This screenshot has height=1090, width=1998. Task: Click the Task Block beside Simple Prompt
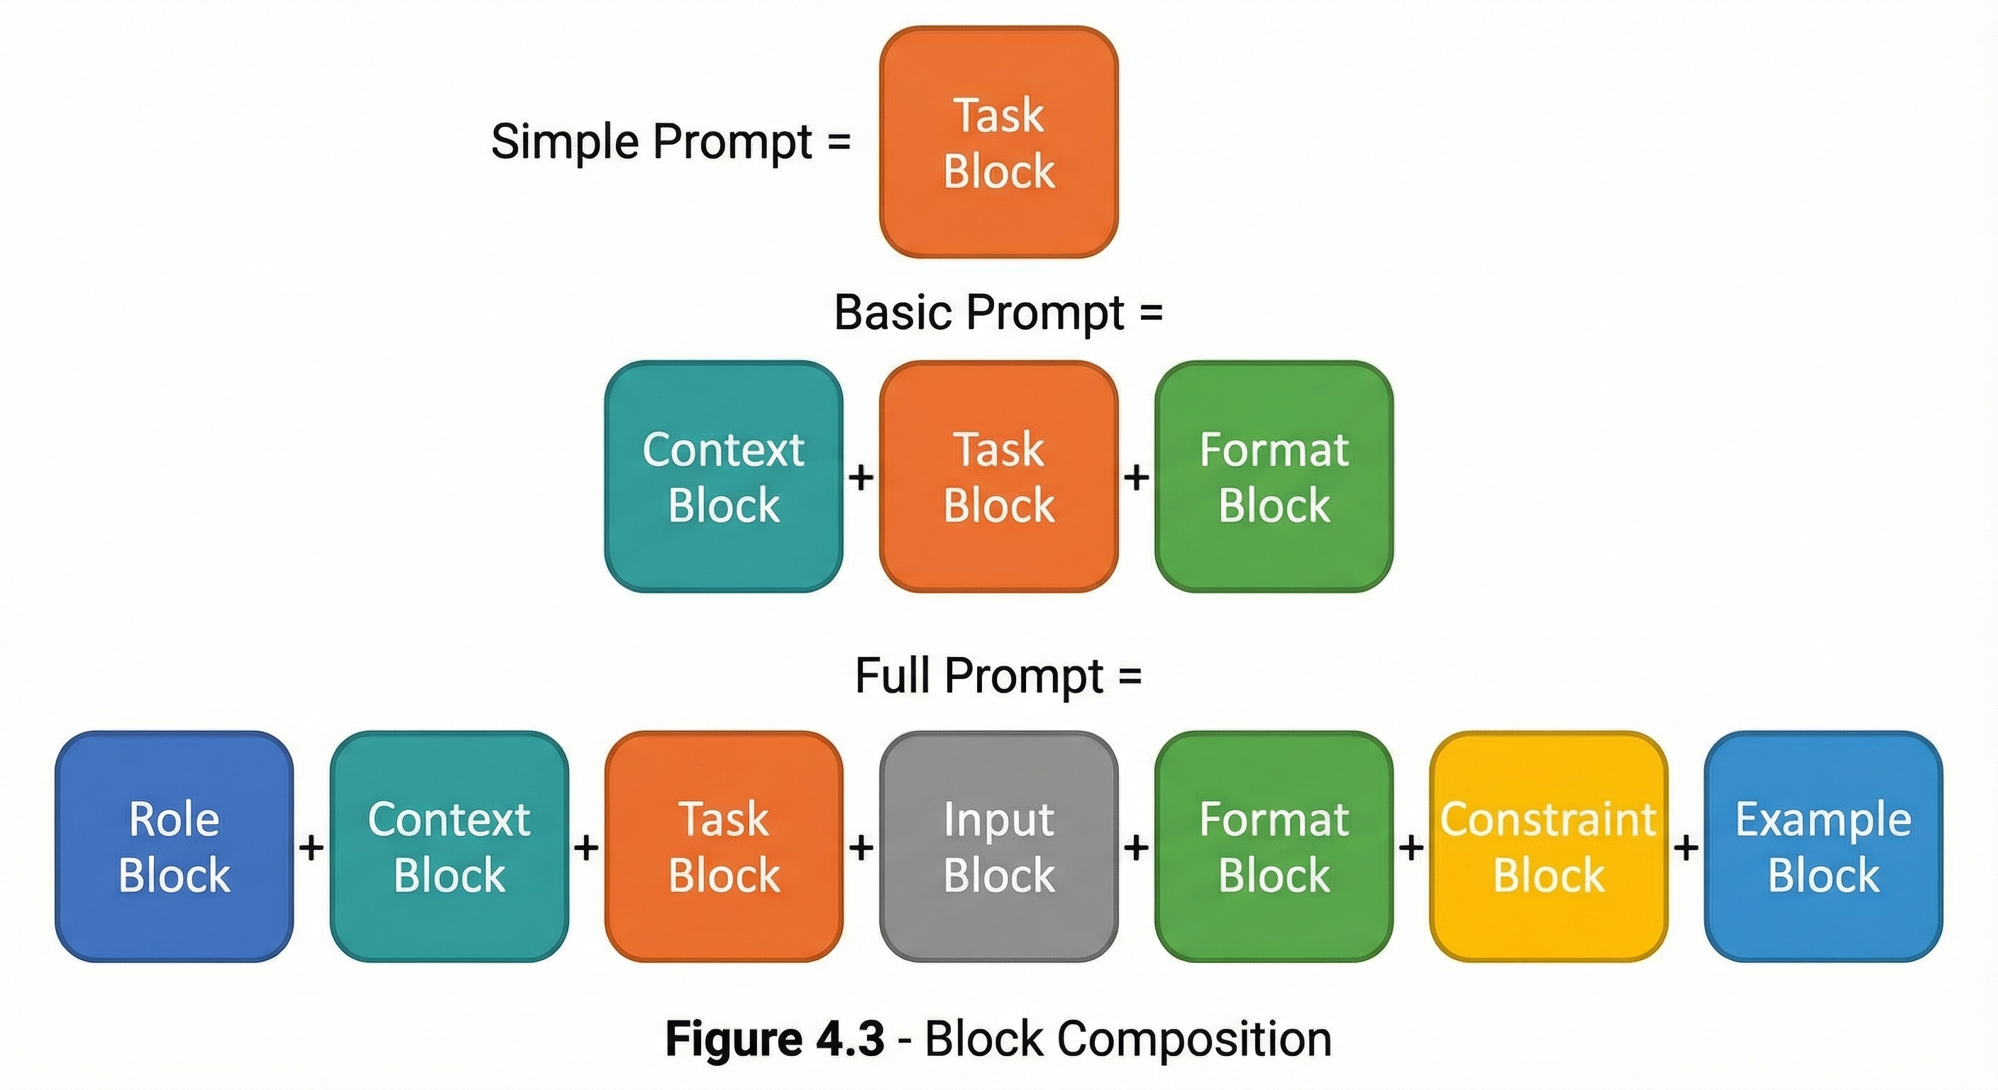998,143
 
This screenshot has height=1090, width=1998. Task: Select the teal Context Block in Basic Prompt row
723,476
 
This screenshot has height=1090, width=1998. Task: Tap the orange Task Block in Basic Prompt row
998,476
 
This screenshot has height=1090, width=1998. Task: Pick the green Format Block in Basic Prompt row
1274,476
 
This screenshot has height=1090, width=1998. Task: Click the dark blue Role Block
174,847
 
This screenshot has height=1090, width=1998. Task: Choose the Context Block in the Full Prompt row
449,847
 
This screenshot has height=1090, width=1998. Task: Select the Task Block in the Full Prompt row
723,847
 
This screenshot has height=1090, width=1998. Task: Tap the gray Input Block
998,847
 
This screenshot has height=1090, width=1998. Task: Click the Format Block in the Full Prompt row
1274,847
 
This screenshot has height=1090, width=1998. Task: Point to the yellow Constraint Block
1548,847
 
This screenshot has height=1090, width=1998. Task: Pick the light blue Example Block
1823,847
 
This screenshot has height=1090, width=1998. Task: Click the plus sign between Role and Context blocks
311,848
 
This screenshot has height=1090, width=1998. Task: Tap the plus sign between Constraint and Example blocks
1685,848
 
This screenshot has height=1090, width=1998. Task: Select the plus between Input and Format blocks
1136,848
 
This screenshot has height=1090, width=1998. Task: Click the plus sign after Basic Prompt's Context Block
861,477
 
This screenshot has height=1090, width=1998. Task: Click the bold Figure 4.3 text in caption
774,1039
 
